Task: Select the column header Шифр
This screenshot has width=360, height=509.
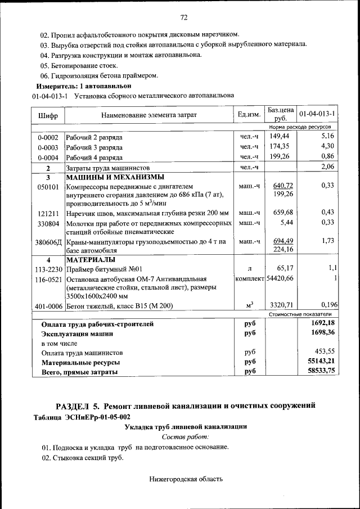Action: click(x=48, y=115)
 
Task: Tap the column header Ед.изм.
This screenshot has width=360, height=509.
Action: click(x=249, y=115)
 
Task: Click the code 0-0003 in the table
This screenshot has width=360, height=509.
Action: click(x=48, y=147)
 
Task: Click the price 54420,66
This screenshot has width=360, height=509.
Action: click(x=280, y=279)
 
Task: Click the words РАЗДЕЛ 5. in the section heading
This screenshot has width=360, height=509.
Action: click(x=77, y=406)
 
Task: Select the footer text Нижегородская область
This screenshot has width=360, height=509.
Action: click(x=186, y=479)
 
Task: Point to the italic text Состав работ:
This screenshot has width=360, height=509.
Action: click(x=185, y=436)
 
